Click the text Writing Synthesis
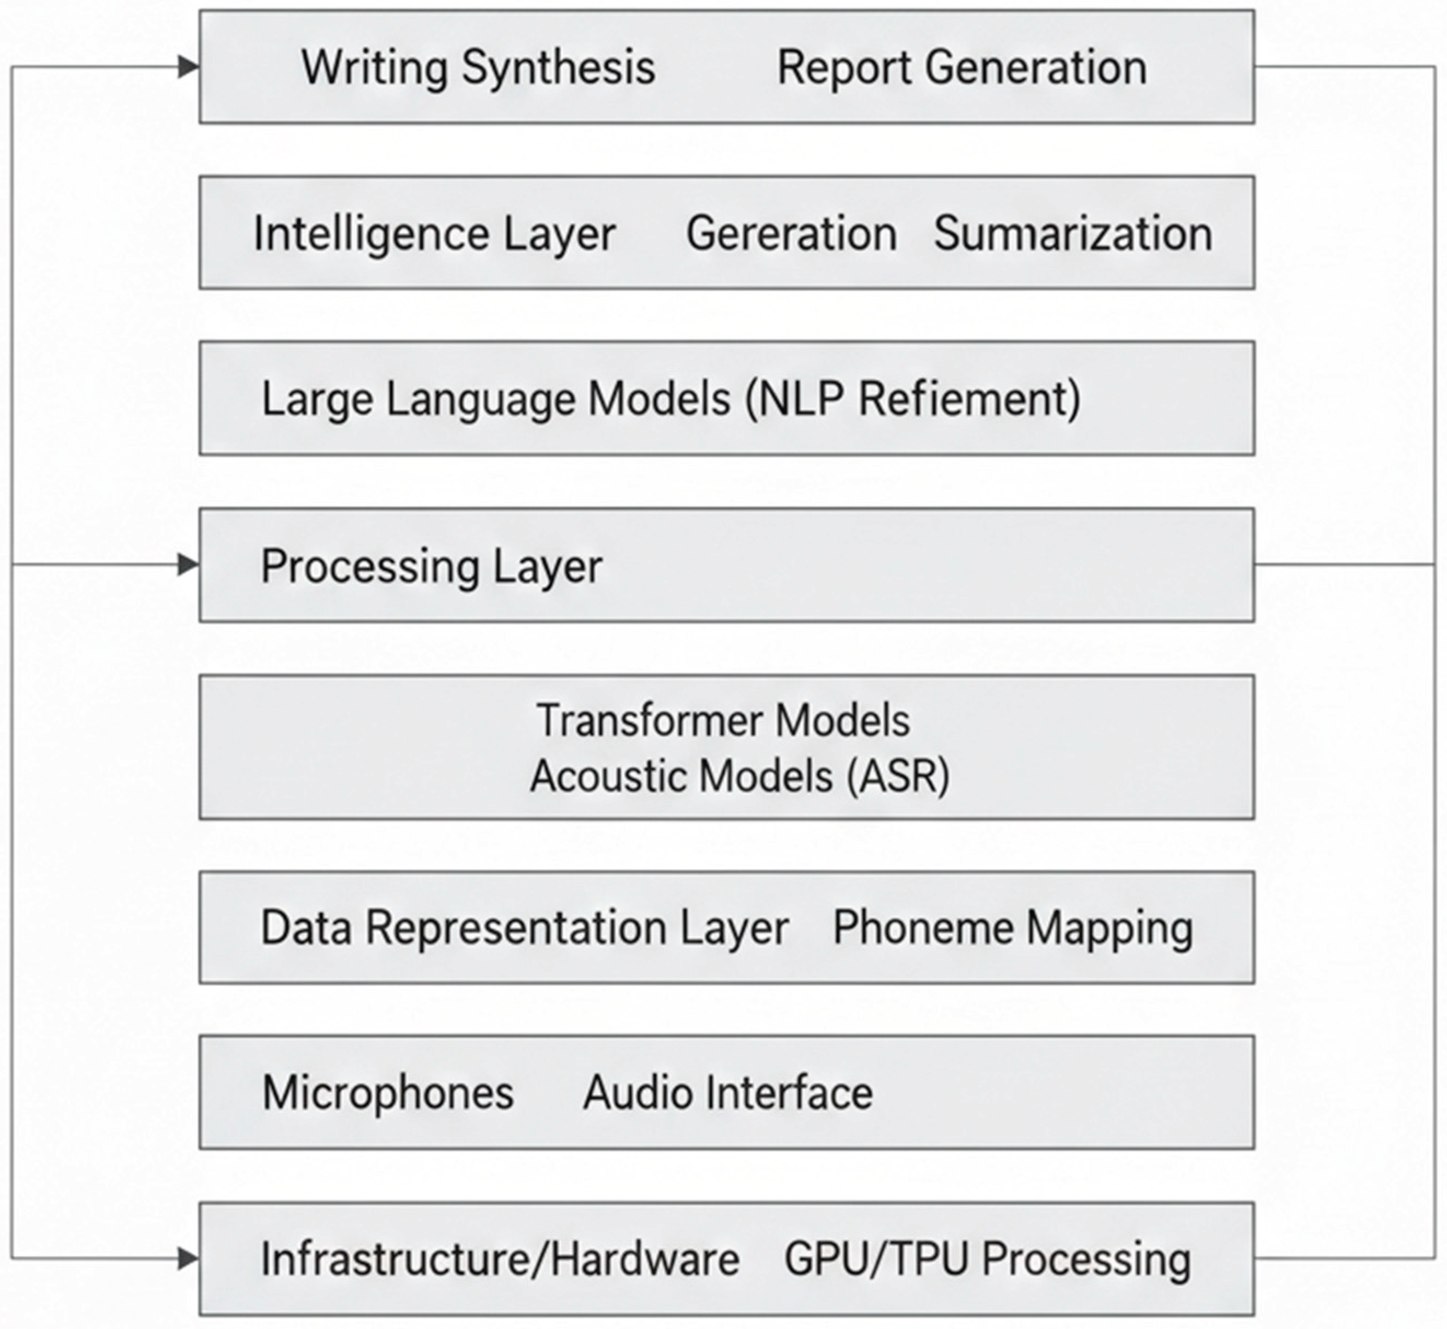click(x=478, y=68)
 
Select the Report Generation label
click(x=962, y=68)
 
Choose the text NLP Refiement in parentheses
click(x=912, y=399)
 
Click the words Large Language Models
click(x=495, y=399)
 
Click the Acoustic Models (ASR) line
click(x=739, y=776)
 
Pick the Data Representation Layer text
click(x=524, y=927)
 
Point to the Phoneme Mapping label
click(x=1012, y=927)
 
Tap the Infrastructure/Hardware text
click(x=499, y=1258)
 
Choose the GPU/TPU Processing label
click(x=987, y=1258)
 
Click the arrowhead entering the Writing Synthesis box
click(x=188, y=67)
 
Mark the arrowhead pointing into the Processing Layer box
click(x=188, y=564)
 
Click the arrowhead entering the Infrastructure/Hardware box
click(x=188, y=1258)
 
